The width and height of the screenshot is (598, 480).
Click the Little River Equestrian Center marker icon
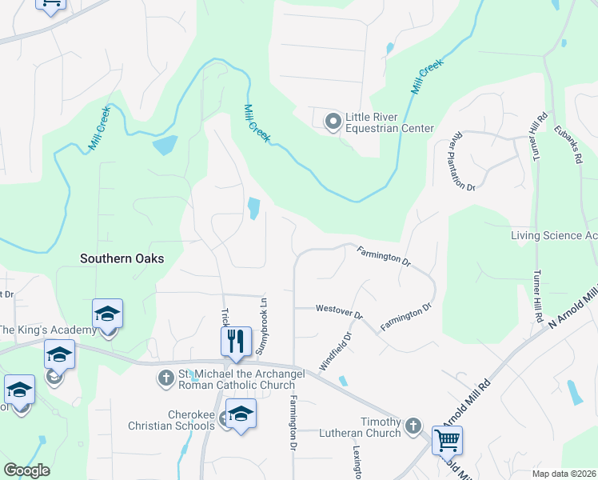click(x=333, y=121)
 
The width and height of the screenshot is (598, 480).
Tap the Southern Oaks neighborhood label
click(x=122, y=258)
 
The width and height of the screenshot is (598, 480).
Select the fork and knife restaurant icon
click(x=236, y=342)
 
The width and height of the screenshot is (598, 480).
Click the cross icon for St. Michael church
click(x=166, y=377)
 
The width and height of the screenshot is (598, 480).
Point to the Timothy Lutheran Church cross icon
click(x=413, y=426)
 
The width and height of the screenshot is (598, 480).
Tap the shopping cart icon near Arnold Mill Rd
click(x=447, y=440)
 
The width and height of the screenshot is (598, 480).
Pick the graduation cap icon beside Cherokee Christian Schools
click(x=240, y=414)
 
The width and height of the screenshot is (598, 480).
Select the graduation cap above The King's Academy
click(x=107, y=314)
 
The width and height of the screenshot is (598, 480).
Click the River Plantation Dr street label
click(x=464, y=161)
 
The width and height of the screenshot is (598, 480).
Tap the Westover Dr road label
click(x=339, y=308)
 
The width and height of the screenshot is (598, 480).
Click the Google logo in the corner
click(x=26, y=470)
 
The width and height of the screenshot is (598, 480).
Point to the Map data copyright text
click(x=563, y=474)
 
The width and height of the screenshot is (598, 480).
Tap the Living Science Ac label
click(x=554, y=235)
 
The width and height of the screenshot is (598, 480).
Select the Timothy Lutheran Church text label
click(x=367, y=427)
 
